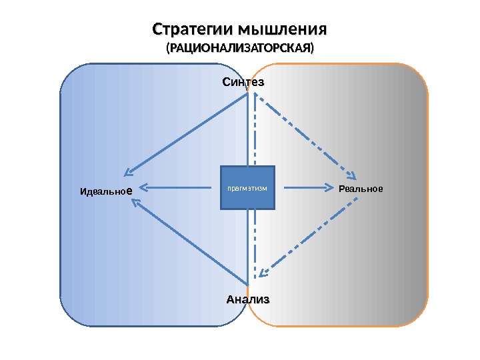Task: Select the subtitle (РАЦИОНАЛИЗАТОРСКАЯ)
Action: click(x=239, y=49)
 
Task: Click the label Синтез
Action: click(x=243, y=83)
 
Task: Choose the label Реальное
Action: click(x=361, y=189)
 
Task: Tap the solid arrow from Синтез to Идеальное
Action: click(x=190, y=133)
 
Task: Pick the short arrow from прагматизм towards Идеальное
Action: click(x=180, y=187)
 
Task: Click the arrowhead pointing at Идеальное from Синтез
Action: click(x=130, y=173)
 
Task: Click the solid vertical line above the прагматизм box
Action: click(x=249, y=130)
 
